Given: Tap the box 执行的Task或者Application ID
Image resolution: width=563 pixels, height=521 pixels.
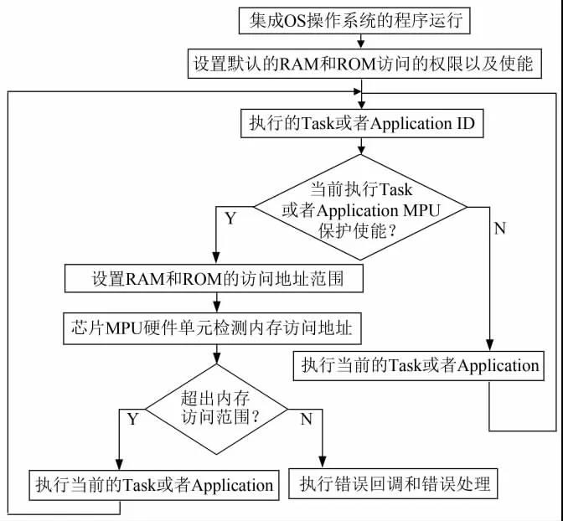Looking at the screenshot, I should click(x=360, y=123).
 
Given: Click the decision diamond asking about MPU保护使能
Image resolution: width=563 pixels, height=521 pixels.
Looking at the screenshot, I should click(x=360, y=209).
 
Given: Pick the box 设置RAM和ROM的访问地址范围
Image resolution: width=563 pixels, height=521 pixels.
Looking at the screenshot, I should click(x=215, y=279).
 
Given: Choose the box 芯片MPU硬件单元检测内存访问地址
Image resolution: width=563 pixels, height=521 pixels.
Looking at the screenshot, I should click(x=215, y=329).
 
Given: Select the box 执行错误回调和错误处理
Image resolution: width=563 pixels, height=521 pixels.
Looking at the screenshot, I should click(x=393, y=483).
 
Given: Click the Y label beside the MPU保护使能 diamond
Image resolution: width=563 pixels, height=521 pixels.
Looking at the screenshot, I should click(x=230, y=219).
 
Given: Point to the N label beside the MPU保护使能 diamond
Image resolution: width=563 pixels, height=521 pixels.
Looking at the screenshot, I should click(x=500, y=229).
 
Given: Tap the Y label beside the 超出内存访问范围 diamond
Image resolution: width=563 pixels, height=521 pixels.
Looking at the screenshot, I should click(x=133, y=419).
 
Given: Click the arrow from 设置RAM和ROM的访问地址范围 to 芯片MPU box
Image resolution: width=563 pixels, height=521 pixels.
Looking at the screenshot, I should click(x=215, y=304).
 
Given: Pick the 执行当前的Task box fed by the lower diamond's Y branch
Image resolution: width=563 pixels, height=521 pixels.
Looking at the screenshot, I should click(x=153, y=484).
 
